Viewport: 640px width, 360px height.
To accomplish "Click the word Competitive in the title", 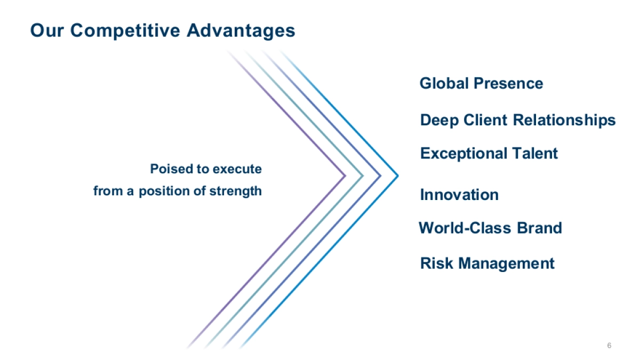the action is point(125,31).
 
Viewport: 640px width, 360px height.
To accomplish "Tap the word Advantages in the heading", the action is point(241,31).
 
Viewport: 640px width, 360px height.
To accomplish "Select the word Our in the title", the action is point(47,30).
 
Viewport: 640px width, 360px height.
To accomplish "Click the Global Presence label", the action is point(482,83).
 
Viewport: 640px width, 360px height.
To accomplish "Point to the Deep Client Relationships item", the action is point(518,121).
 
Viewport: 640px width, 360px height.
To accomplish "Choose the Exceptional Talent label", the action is point(489,154).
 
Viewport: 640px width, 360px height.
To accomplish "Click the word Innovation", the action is point(459,195).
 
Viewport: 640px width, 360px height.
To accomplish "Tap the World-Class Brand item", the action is point(490,228).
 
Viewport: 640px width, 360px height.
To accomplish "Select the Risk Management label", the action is point(487,263).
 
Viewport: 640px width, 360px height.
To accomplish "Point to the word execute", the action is point(237,169).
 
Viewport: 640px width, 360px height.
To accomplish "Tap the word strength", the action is point(235,191).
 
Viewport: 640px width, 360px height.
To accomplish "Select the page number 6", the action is point(609,346).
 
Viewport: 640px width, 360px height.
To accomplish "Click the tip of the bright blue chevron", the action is point(398,175).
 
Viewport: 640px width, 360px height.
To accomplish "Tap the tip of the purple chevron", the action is point(346,175).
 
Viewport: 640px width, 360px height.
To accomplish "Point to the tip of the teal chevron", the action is point(363,175).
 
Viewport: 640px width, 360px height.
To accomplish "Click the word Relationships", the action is point(564,121).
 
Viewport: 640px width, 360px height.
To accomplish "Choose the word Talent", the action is point(534,154).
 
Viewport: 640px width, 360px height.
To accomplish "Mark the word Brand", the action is point(539,228).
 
